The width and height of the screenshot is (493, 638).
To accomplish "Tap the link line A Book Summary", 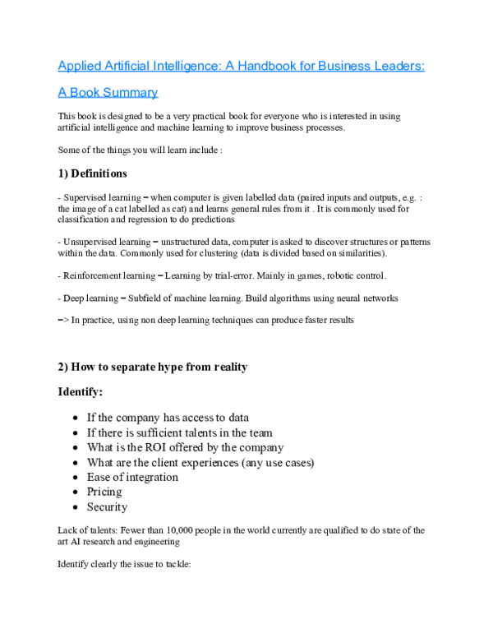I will [x=108, y=92].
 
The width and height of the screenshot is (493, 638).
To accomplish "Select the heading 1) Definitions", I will [x=92, y=173].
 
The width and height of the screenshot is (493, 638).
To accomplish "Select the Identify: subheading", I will [x=79, y=392].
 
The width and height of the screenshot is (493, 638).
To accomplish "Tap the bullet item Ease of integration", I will [x=132, y=477].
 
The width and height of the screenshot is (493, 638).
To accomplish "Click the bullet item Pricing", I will [x=104, y=492].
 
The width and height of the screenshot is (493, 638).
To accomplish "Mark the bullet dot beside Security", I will [x=76, y=507].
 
